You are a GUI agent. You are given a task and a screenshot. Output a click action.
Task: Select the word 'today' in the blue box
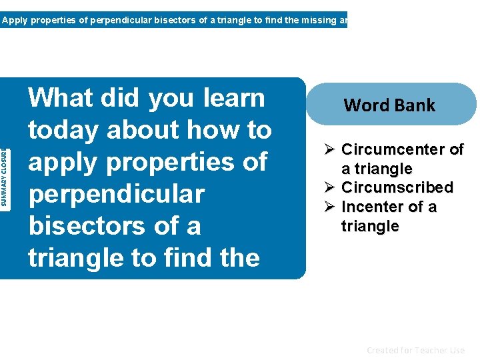pyautogui.click(x=63, y=131)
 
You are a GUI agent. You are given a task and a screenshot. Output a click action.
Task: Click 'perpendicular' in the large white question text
pyautogui.click(x=116, y=195)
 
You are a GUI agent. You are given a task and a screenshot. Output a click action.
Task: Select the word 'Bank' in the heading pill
pyautogui.click(x=414, y=105)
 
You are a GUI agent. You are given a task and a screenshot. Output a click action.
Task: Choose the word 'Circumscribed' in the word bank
pyautogui.click(x=397, y=187)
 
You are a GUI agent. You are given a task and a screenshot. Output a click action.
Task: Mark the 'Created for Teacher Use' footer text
pyautogui.click(x=415, y=350)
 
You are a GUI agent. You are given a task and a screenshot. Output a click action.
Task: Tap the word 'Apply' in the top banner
pyautogui.click(x=13, y=20)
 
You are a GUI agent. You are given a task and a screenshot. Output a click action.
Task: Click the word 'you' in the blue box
pyautogui.click(x=170, y=98)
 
